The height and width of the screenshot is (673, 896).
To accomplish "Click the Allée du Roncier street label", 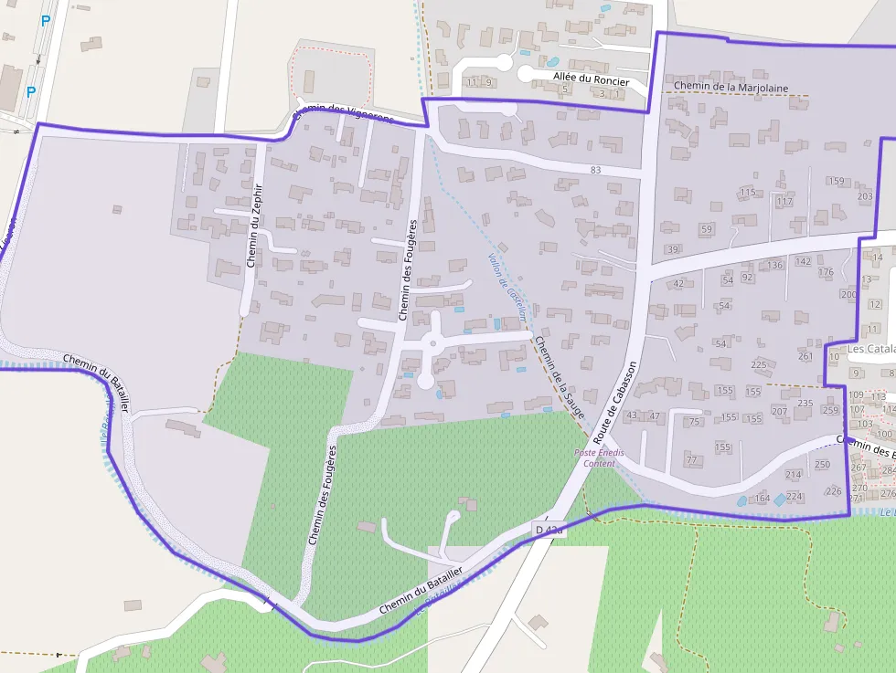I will [x=592, y=79].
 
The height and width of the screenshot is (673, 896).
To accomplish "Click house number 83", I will [x=596, y=170].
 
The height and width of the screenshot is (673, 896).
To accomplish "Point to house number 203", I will [x=865, y=196].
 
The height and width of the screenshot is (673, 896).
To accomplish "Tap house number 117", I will [x=784, y=201].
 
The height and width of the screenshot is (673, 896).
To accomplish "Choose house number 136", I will [x=775, y=266].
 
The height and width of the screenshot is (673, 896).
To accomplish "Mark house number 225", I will [x=759, y=364].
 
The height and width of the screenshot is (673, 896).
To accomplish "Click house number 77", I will [x=691, y=459].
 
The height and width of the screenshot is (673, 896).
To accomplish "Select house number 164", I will [x=762, y=499].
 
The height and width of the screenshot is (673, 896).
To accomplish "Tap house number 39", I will [x=674, y=249].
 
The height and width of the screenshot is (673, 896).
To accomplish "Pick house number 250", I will [x=822, y=465].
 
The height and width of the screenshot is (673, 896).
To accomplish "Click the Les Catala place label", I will [x=869, y=349].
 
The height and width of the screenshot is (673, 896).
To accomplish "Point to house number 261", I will [x=805, y=356].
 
